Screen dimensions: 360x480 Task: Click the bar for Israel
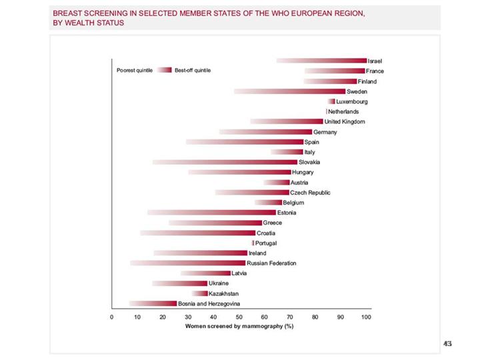(321, 61)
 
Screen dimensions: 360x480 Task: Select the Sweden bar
(289, 91)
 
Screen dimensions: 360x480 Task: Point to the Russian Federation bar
(188, 263)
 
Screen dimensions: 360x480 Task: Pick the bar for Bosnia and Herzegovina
(153, 303)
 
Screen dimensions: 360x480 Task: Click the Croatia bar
(198, 233)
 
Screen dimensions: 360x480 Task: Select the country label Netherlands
(343, 111)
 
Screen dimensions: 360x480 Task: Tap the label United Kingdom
(344, 121)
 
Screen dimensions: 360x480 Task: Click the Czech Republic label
(310, 193)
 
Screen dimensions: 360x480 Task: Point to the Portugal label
(266, 243)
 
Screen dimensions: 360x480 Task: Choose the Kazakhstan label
(223, 293)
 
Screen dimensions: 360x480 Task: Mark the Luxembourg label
(352, 101)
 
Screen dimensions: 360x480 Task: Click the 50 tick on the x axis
(239, 317)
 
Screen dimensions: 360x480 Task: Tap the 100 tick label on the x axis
(366, 317)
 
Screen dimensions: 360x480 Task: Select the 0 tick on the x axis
(112, 317)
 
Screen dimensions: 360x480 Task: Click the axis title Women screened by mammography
(239, 326)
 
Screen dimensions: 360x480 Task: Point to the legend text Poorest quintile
(135, 70)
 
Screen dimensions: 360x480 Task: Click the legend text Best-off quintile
(193, 70)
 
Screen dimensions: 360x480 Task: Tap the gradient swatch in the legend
(165, 70)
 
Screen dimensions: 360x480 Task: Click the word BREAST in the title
(69, 13)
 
